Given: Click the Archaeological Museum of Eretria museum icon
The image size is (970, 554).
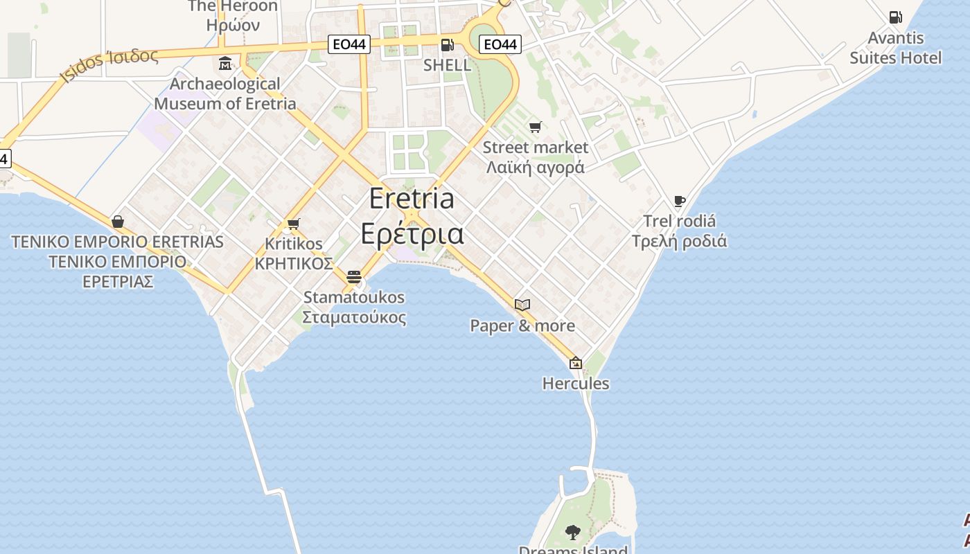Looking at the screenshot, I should [x=225, y=64].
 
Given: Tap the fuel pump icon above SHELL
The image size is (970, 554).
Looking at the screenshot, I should [x=448, y=45].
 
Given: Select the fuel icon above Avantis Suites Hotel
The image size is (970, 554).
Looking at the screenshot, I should [x=895, y=17].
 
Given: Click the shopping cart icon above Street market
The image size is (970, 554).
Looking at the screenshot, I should [x=535, y=127].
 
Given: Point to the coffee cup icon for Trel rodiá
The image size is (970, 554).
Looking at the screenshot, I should [x=679, y=202].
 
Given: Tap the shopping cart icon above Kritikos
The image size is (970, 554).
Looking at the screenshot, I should [x=293, y=224].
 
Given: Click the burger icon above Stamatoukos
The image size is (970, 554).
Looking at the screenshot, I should [x=354, y=277].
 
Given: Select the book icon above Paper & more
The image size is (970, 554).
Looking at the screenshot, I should [x=522, y=305].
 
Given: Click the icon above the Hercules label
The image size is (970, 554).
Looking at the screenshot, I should [x=575, y=363].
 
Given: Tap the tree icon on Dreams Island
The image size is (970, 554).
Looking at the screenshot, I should [x=572, y=532].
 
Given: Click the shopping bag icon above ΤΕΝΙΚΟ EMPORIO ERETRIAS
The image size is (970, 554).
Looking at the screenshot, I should [x=118, y=222].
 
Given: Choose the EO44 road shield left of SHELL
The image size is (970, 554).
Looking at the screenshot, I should [x=349, y=45].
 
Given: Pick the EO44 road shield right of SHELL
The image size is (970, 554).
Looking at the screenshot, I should [x=500, y=45].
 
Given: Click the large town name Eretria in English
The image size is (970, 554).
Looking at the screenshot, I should [x=412, y=199].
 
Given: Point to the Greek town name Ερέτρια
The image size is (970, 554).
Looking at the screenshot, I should [x=412, y=233].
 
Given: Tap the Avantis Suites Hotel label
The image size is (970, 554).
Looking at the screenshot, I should [x=895, y=48].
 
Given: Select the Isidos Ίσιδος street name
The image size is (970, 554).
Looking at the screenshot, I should [x=109, y=64].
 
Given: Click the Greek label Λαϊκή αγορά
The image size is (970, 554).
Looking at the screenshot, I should [x=535, y=168].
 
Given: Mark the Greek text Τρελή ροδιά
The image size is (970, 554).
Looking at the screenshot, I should [x=679, y=242].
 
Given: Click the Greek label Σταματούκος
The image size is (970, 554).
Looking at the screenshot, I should [x=354, y=318].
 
